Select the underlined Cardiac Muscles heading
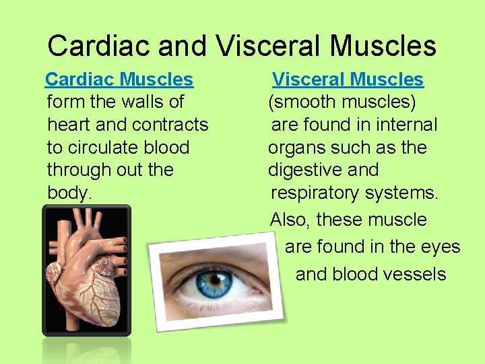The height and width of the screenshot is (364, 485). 119,80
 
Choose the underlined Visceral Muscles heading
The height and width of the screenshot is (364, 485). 348,80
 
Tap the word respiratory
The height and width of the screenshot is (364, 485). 315,193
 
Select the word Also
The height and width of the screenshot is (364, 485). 290,220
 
